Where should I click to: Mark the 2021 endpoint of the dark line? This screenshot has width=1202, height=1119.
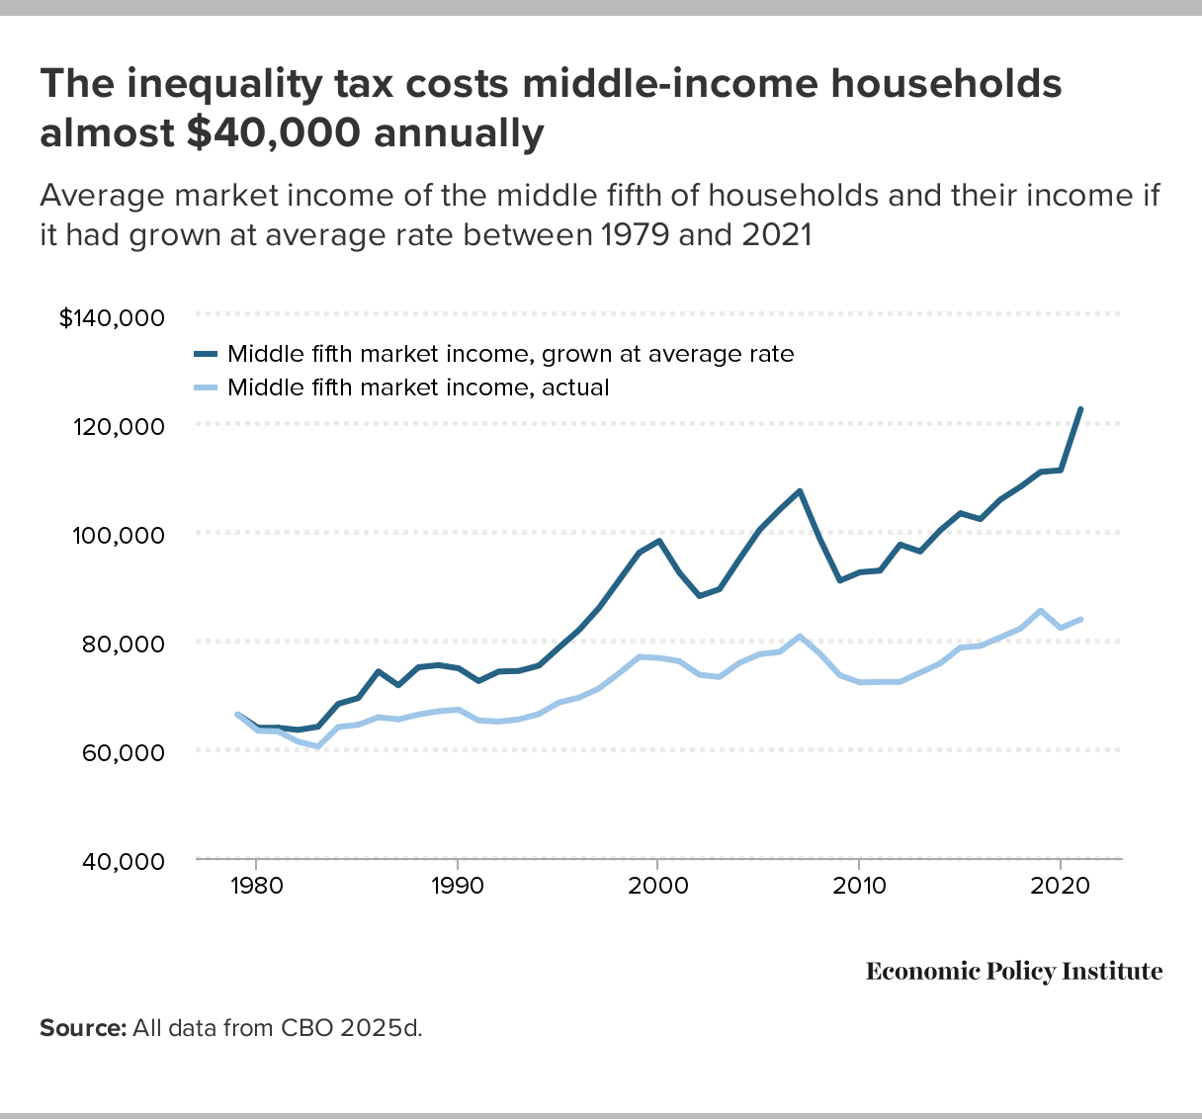[1080, 409]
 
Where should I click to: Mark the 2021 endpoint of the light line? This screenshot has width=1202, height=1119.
[1080, 619]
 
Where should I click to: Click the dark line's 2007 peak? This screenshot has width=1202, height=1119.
[799, 490]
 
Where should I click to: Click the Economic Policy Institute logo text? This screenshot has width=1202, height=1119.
[1014, 972]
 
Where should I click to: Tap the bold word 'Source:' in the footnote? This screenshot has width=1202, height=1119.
[83, 1028]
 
